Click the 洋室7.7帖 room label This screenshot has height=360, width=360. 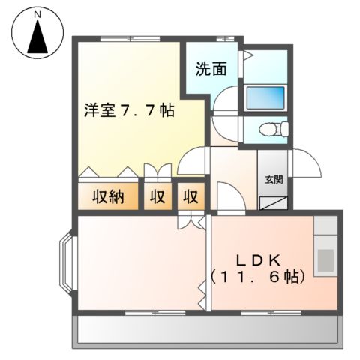(129, 110)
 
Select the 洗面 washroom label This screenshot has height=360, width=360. (211, 69)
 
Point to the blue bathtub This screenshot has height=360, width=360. (265, 97)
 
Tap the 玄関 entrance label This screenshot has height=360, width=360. (274, 179)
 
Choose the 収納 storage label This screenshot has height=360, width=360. (109, 198)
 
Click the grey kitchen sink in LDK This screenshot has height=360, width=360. (326, 259)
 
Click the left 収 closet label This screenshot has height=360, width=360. (157, 198)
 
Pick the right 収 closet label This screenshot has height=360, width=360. (191, 198)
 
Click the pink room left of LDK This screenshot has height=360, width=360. (139, 262)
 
